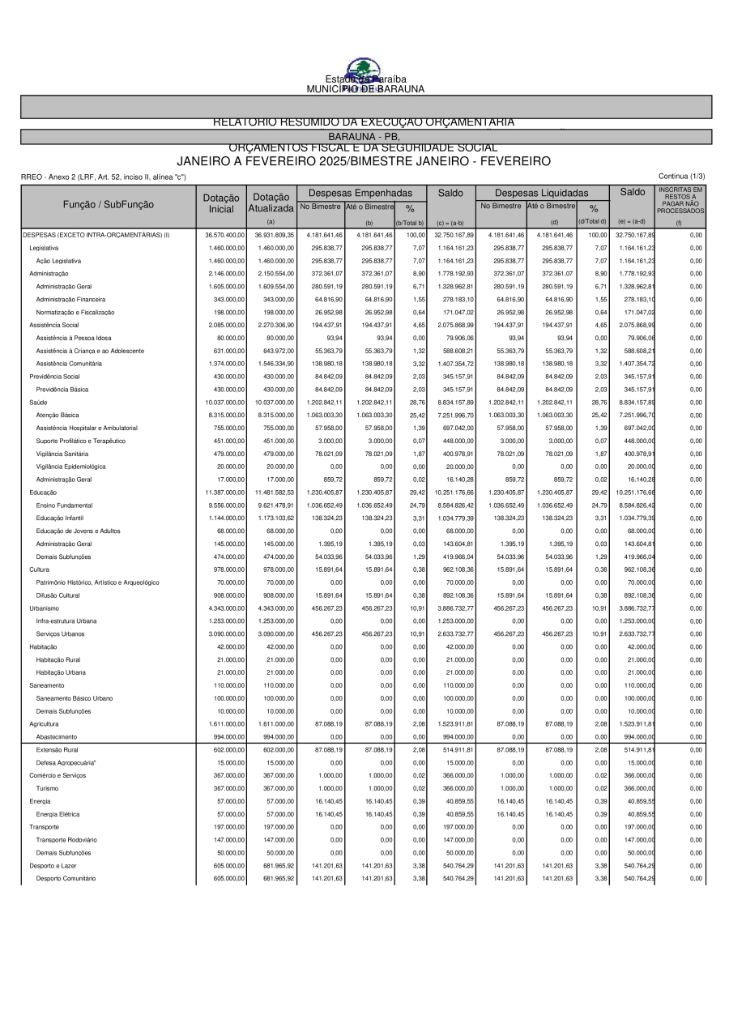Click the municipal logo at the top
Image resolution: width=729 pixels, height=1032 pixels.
tap(364, 70)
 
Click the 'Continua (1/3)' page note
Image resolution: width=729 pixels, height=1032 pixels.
tap(682, 176)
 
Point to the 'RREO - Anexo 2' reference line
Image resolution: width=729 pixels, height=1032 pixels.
tap(104, 177)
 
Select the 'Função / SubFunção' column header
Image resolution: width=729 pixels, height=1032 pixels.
tap(109, 204)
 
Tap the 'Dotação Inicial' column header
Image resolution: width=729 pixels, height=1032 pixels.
tap(221, 203)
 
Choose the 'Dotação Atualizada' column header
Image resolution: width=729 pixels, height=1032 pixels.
tap(271, 203)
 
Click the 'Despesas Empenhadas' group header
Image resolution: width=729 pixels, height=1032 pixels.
tap(361, 194)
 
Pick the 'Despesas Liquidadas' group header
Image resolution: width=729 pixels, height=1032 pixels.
tap(541, 194)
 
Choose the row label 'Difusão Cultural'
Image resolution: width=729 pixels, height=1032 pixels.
tap(58, 595)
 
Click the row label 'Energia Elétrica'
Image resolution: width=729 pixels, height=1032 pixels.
tap(58, 814)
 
